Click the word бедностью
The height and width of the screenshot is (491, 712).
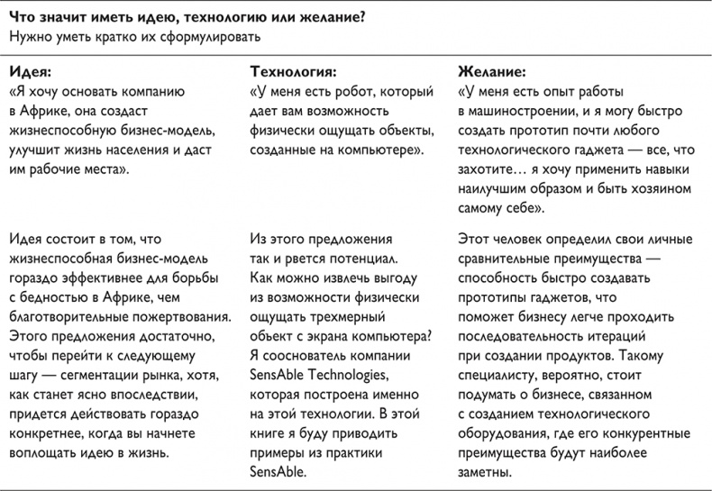pos(59,298)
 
